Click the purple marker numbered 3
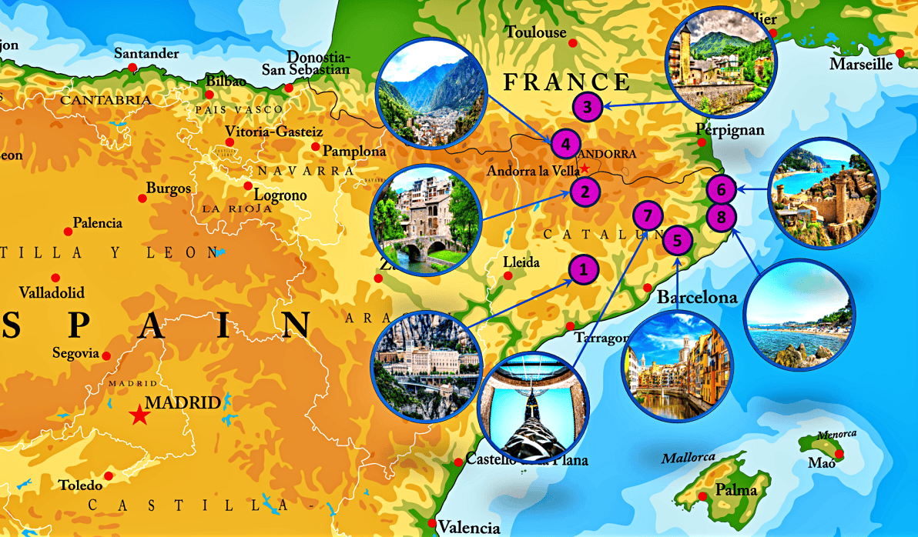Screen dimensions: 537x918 coord(588,107)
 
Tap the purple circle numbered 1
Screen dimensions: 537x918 coord(583,269)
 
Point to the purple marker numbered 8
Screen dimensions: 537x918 coord(721,217)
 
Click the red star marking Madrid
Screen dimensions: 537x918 coord(139,415)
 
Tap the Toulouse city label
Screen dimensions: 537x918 coord(535,32)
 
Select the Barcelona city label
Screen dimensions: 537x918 coord(697,297)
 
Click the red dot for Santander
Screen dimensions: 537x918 coord(132,68)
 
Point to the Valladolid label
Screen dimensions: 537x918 coord(51,293)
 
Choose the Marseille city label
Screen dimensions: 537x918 coord(860,65)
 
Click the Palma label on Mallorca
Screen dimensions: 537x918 coord(736,490)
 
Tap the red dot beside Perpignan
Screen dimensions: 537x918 coord(702,142)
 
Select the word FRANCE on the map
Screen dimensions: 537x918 coord(566,82)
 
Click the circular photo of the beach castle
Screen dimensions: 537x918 coord(823,192)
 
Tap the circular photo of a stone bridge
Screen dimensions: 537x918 coord(425,221)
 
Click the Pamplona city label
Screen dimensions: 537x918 coord(353,152)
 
